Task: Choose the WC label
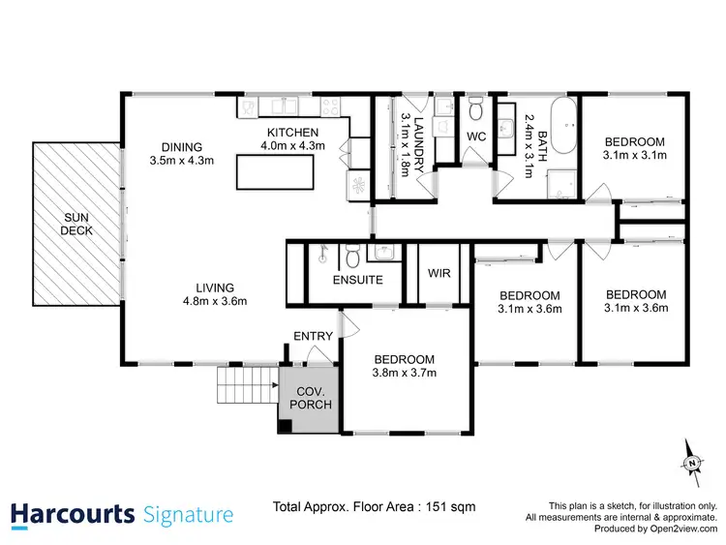pos(477,136)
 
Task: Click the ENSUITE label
pos(356,280)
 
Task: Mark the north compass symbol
pos(692,463)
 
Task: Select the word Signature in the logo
pos(187,514)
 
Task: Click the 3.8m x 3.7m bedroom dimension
pos(406,373)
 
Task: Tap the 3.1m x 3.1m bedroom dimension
pos(635,154)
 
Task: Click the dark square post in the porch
pos(286,425)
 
